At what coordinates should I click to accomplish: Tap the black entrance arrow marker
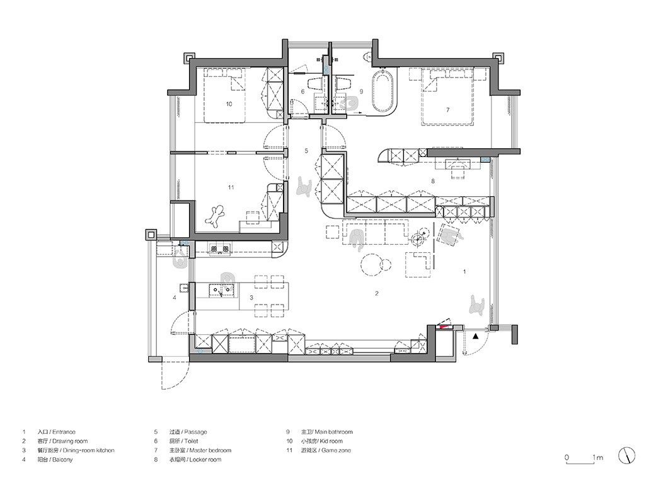point(476,337)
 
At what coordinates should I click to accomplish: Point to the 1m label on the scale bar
point(597,458)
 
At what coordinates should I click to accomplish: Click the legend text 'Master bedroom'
point(210,450)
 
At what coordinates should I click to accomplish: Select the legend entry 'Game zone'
point(336,450)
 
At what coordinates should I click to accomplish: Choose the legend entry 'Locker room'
point(205,460)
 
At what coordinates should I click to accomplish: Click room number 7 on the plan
point(447,110)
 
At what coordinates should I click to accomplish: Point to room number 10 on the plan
point(229,104)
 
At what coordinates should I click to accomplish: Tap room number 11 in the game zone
point(231,187)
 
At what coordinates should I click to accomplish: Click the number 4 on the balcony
point(174,298)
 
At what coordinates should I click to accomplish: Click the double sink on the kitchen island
point(222,291)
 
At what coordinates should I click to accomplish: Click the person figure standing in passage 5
point(304,187)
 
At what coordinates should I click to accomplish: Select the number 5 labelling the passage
point(306,151)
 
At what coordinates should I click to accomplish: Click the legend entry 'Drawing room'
point(70,441)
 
